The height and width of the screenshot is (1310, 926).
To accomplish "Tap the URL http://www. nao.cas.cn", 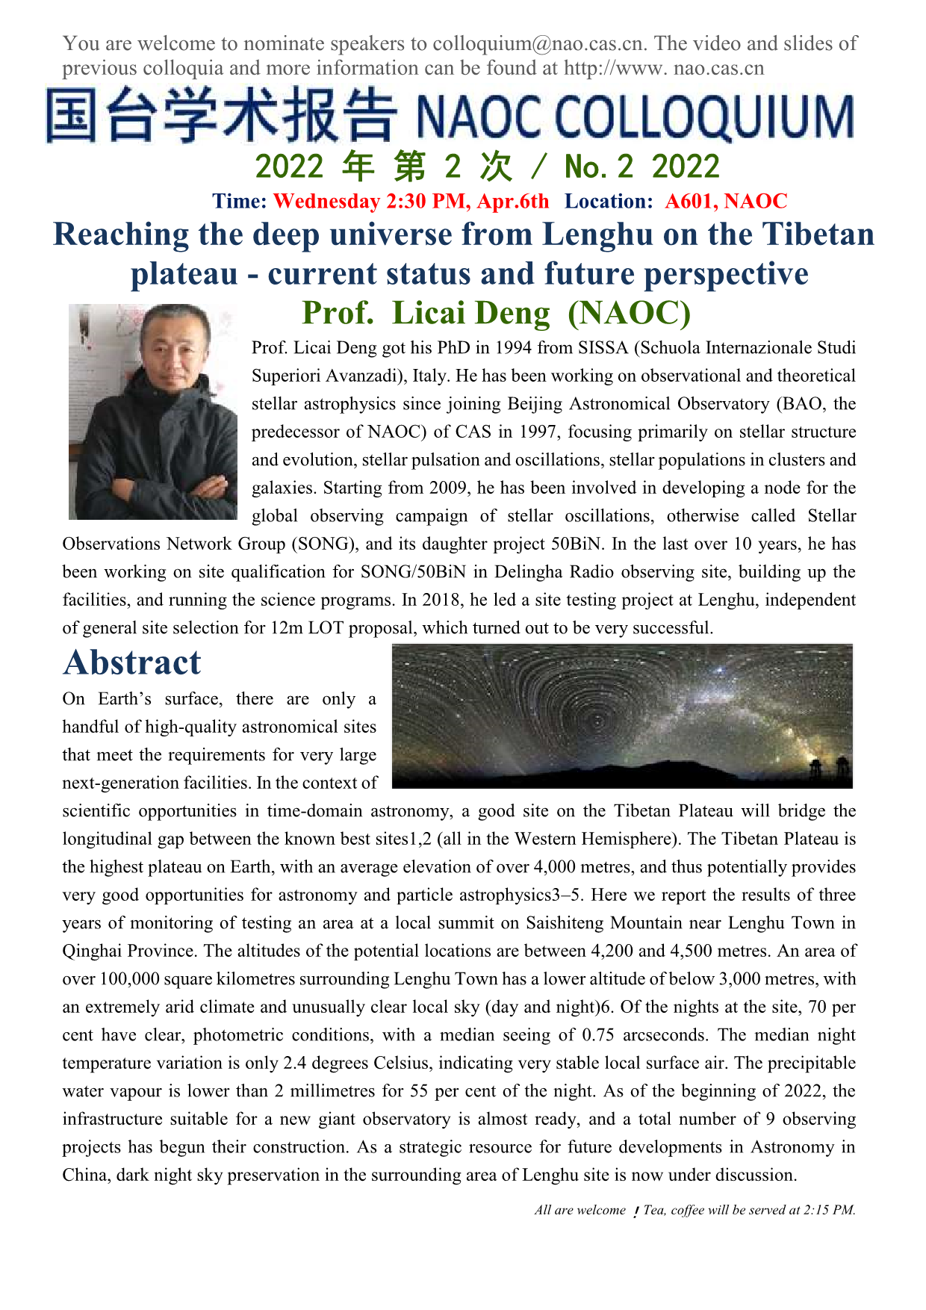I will tap(664, 68).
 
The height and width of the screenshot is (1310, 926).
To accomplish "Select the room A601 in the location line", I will tap(689, 201).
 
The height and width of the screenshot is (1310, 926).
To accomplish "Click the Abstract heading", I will tap(132, 662).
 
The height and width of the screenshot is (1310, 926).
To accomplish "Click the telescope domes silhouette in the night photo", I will tap(829, 769).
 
